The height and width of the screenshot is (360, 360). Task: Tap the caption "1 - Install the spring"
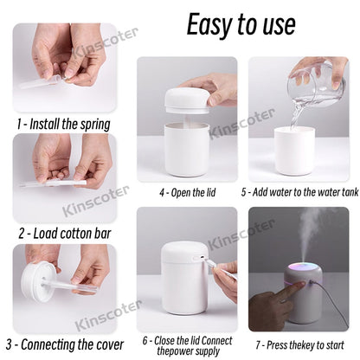tap(63, 123)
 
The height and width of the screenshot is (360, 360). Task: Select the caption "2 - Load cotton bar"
tap(62, 233)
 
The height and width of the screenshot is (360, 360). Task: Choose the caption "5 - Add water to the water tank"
tap(299, 191)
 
